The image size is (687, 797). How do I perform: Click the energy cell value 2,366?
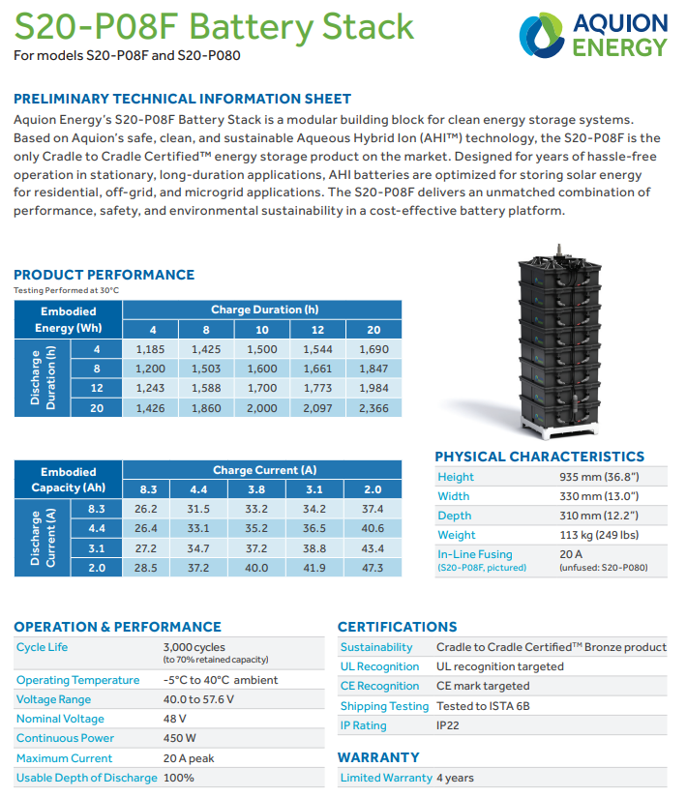[373, 408]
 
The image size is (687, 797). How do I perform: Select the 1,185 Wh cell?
[151, 349]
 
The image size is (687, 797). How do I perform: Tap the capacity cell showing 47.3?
[373, 568]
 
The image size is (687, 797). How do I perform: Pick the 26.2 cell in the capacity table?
[147, 509]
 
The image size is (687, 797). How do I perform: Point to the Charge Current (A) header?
[264, 470]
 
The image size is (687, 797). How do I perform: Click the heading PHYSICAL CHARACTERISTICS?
[539, 457]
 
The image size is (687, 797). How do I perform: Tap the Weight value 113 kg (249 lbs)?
[600, 535]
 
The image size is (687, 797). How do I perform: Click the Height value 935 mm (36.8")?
[600, 477]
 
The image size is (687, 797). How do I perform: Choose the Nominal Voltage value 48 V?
[175, 719]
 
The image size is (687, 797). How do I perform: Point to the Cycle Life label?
[43, 647]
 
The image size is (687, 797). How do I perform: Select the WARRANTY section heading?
[378, 757]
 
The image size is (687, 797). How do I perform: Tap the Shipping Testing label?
[384, 706]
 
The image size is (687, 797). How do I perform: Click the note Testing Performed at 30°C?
[67, 290]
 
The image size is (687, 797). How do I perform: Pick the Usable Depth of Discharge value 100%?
[179, 778]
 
